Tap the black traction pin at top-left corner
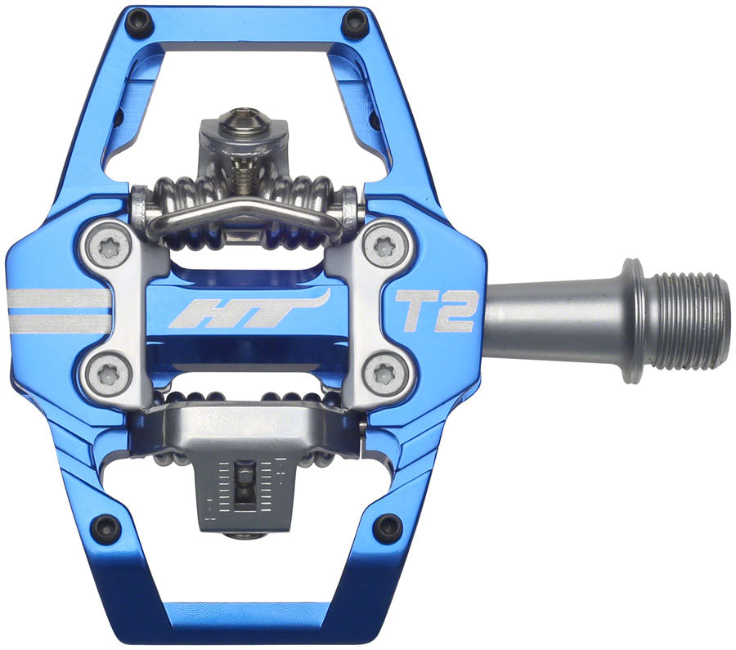click(140, 24)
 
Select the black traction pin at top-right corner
click(354, 24)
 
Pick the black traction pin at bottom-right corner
click(387, 527)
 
